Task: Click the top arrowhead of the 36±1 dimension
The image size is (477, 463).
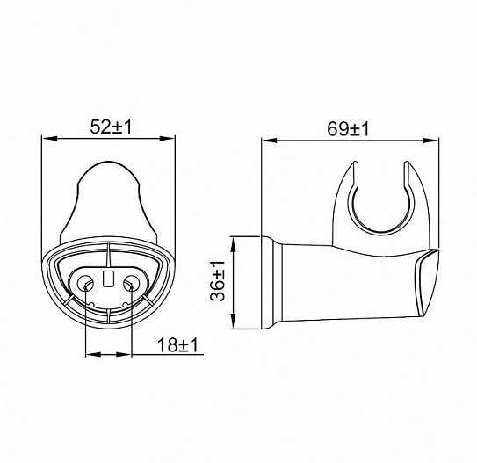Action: point(233,239)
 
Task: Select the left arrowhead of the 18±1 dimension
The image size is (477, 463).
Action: point(90,355)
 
